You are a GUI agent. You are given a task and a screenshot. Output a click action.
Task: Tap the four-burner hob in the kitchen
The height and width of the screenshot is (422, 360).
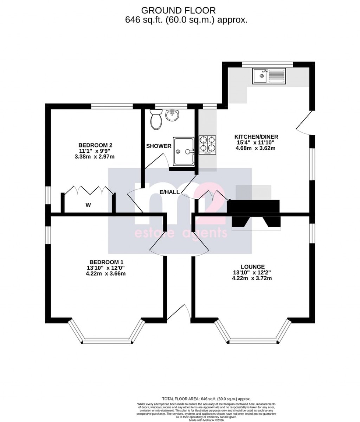point(207,145)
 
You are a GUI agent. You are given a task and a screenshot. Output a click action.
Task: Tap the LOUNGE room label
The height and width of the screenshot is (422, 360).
point(252,267)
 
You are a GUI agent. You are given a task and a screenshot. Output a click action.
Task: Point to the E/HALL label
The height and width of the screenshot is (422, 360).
point(169,192)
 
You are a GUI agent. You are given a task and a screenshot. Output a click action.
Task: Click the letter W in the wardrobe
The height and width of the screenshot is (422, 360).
point(88,205)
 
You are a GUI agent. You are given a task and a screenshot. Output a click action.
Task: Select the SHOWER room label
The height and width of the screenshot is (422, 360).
point(159,146)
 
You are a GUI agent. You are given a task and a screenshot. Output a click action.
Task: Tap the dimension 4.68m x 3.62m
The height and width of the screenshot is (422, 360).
point(255,148)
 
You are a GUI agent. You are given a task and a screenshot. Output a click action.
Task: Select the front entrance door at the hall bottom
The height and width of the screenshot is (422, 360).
point(181,313)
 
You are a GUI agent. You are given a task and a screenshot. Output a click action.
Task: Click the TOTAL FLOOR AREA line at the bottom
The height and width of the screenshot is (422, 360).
point(206,399)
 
